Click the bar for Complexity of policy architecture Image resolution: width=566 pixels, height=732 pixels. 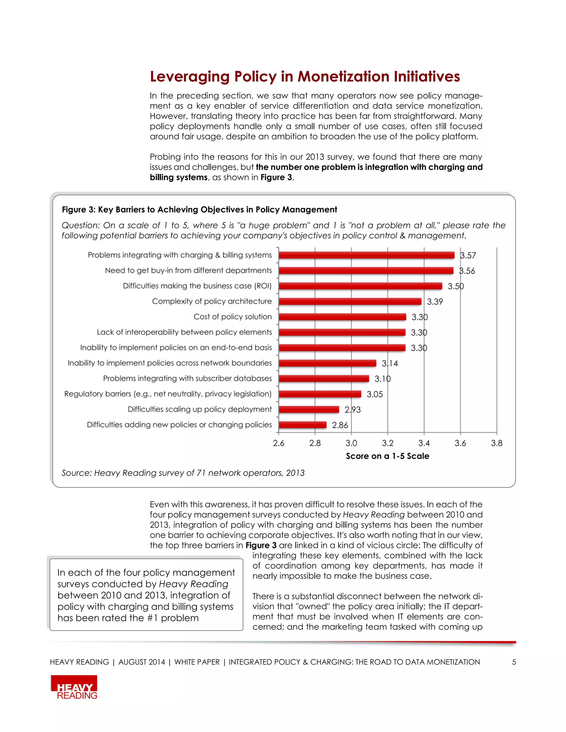pos(350,301)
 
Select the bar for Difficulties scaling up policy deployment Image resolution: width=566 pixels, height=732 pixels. pos(308,409)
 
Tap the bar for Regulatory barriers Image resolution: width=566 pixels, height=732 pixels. pos(319,394)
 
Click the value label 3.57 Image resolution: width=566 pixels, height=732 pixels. pos(468,256)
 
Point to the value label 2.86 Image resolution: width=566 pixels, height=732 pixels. pos(340,425)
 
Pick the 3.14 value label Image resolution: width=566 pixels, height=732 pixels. pos(390,363)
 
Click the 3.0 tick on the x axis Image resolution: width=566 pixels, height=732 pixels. pos(351,443)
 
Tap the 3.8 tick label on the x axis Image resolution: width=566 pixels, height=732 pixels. pos(497,443)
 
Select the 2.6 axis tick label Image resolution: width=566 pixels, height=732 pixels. pos(278,443)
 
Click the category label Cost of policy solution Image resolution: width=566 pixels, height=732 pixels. pos(232,317)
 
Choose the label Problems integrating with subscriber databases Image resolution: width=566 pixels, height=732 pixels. pos(187,378)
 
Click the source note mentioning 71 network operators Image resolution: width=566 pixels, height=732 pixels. pos(183,473)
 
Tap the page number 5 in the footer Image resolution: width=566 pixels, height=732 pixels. pos(514,662)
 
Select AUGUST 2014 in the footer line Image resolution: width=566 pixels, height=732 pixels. pos(141,662)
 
